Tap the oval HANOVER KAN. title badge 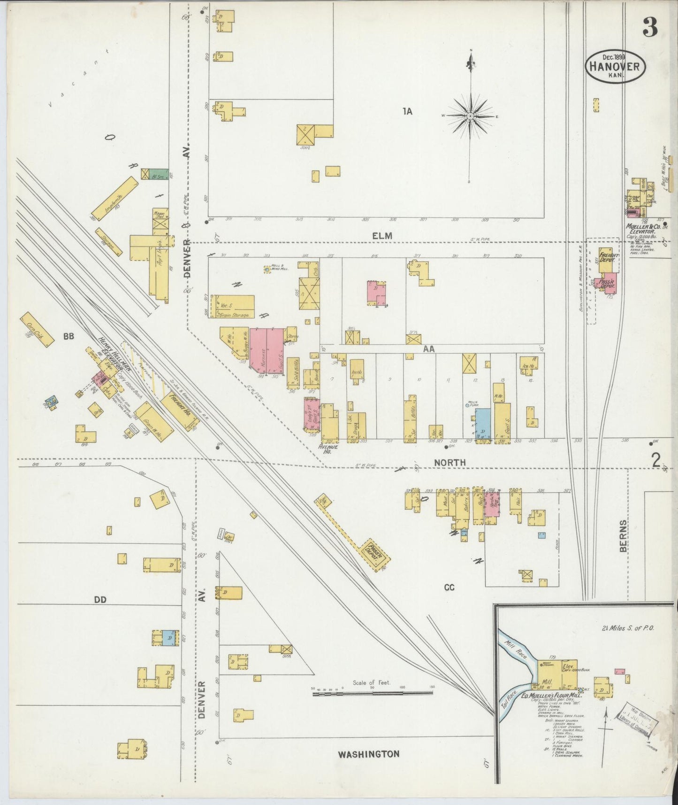pos(615,66)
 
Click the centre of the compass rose pos(470,116)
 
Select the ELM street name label pos(382,236)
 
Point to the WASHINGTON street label pos(369,754)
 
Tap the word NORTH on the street pos(449,463)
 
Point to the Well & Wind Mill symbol pos(267,270)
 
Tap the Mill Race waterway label pos(514,647)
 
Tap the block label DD pos(100,599)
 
